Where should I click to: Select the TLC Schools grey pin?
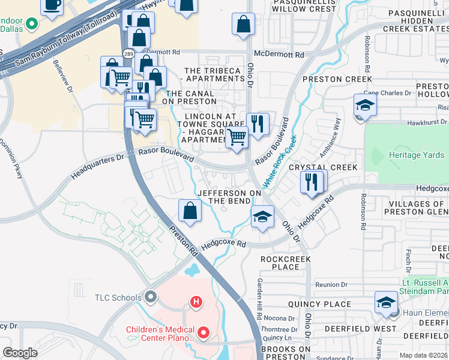click(x=150, y=297)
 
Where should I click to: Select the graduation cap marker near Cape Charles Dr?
click(x=365, y=106)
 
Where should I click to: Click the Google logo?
click(x=20, y=353)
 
